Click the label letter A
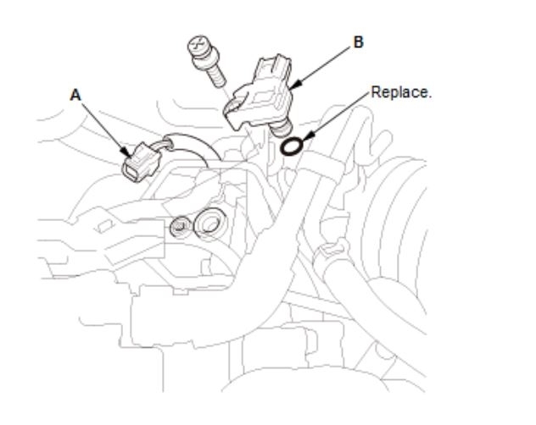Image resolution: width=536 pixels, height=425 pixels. point(75,97)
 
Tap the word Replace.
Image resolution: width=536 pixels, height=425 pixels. point(401,91)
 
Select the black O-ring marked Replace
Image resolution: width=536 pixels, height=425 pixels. point(291,146)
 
